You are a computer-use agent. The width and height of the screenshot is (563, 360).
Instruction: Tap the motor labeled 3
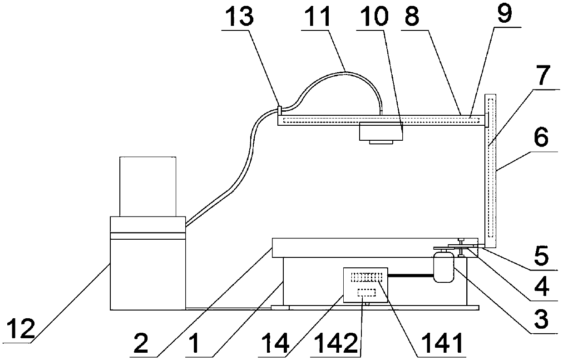click(x=443, y=268)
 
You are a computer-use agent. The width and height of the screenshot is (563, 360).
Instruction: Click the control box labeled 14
click(x=365, y=285)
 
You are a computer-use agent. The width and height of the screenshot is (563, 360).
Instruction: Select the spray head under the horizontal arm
click(x=381, y=133)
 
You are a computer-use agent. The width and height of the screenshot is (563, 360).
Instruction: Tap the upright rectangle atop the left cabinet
click(x=148, y=186)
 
